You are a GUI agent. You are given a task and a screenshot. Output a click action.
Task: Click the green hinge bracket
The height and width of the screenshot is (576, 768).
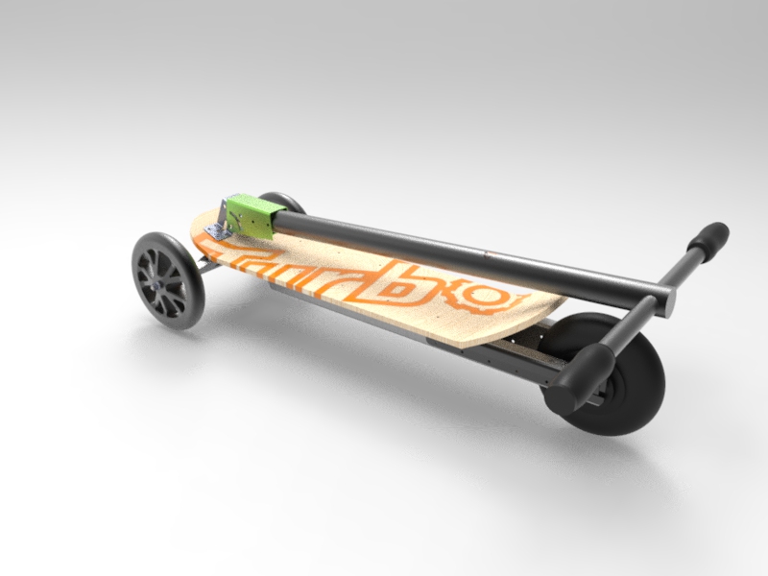click(252, 216)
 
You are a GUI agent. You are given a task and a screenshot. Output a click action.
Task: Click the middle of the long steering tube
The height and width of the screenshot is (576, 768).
click(461, 255)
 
